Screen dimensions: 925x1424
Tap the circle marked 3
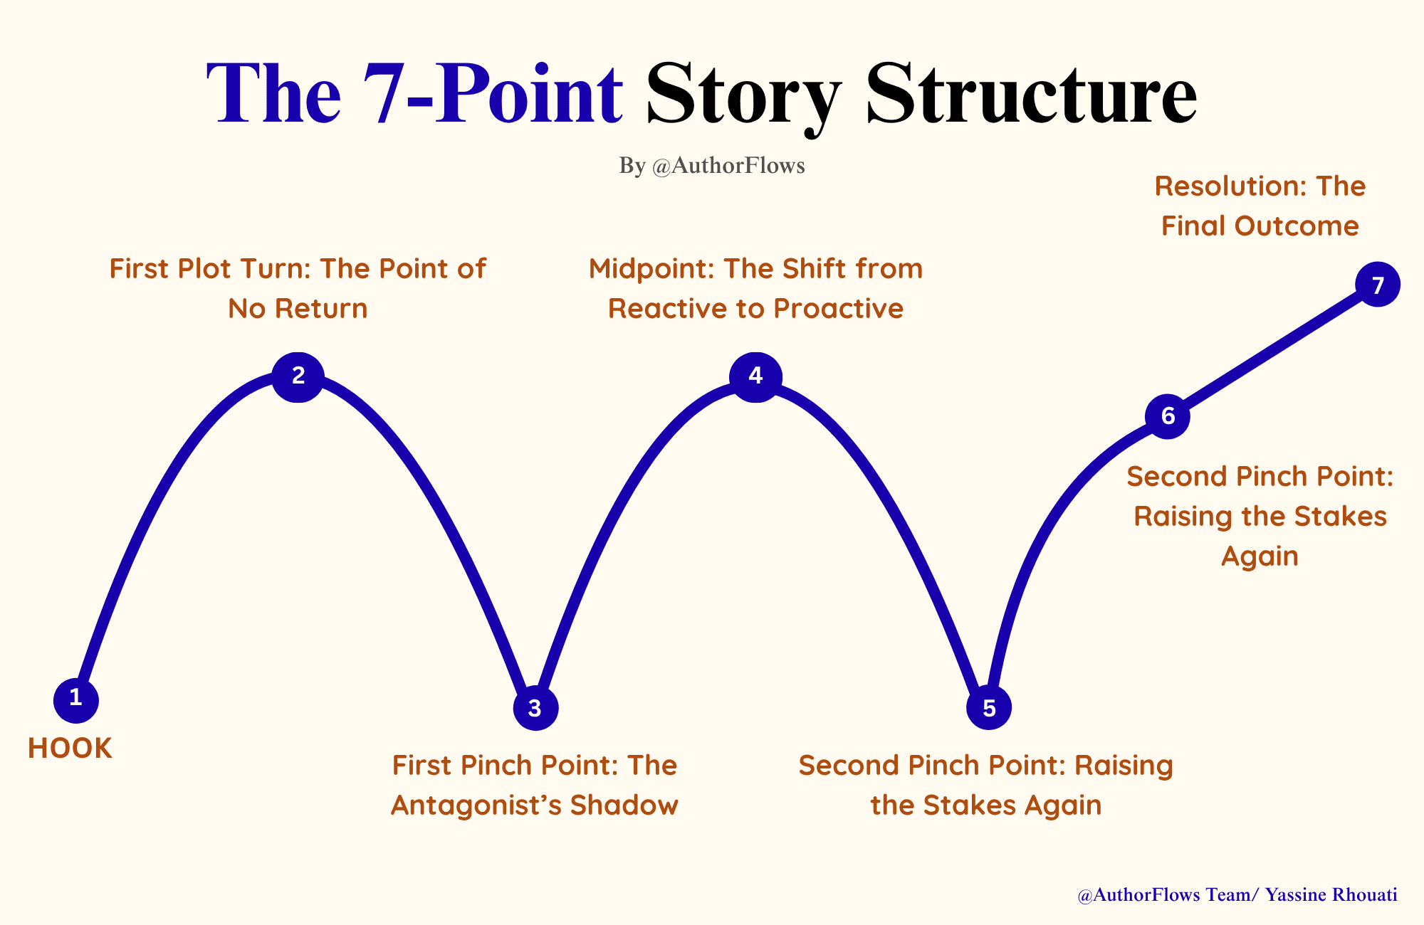[x=535, y=708]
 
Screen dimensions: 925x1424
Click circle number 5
[x=989, y=708]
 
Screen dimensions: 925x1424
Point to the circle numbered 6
[x=1168, y=416]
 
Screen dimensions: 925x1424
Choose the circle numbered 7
[x=1378, y=285]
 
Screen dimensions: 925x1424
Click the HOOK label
[x=70, y=749]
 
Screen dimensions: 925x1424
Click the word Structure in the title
[x=1031, y=95]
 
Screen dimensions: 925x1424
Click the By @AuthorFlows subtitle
[x=712, y=166]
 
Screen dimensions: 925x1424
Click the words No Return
[x=298, y=309]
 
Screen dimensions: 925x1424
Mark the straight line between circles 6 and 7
[x=1273, y=350]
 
